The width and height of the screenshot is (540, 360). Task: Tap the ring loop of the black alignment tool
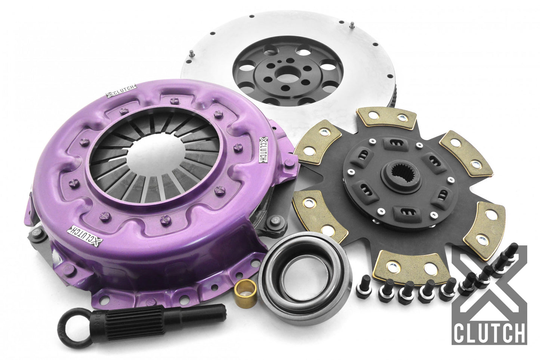(x=73, y=326)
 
